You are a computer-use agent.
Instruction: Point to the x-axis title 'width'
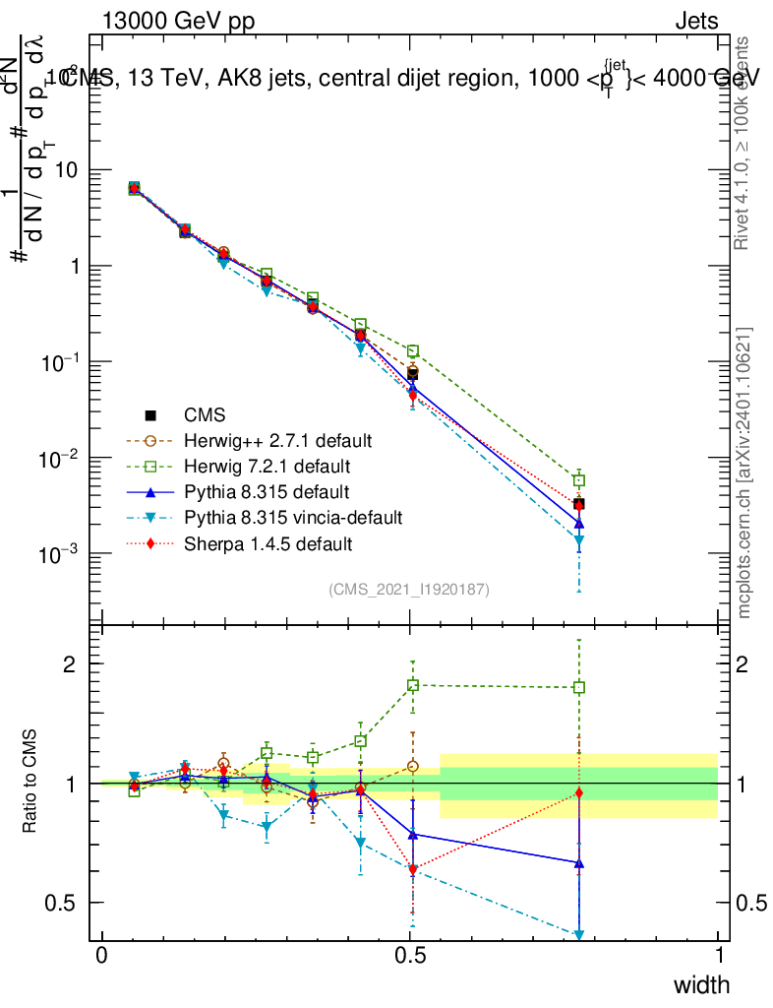tap(701, 985)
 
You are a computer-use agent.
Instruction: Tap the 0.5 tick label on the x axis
tap(411, 957)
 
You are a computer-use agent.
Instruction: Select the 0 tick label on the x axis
tap(102, 957)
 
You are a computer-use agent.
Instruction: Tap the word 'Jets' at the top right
tap(696, 22)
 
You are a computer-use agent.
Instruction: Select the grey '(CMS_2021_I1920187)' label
tap(409, 589)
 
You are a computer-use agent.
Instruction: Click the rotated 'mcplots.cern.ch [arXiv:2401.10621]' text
tap(745, 472)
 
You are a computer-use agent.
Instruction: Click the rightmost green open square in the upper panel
tap(579, 480)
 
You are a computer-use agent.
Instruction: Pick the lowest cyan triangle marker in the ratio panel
tap(579, 934)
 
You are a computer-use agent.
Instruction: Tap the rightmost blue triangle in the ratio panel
tap(579, 862)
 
